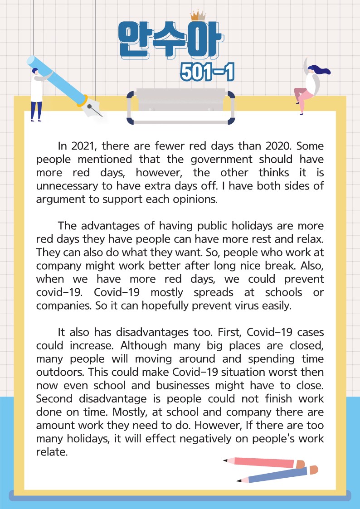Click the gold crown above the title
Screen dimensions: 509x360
click(x=198, y=15)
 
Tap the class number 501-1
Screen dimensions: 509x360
click(x=208, y=72)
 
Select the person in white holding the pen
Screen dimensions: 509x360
click(x=36, y=93)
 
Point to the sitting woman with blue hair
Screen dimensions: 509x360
click(x=311, y=86)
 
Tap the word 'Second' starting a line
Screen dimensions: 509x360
click(x=55, y=399)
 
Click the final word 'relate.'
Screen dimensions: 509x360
click(x=52, y=452)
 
